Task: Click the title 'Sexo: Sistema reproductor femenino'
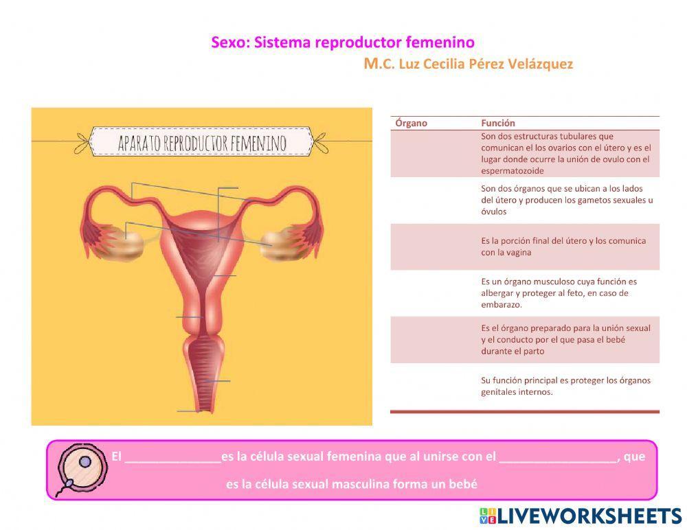click(342, 43)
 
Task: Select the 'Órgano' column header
click(412, 123)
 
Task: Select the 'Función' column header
click(498, 123)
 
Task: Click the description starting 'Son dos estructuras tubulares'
click(565, 153)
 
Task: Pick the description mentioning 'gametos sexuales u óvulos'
click(566, 200)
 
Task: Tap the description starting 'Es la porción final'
click(563, 246)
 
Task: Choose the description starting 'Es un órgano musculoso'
click(559, 292)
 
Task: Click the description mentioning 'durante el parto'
click(565, 339)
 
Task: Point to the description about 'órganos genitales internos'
click(565, 386)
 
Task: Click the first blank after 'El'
click(172, 457)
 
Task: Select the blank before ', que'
click(558, 457)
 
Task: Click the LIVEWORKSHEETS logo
click(580, 516)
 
